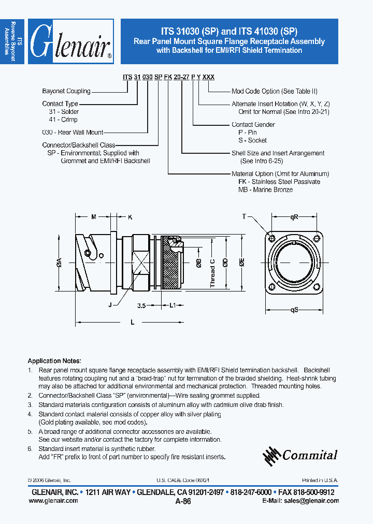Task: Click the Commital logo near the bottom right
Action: (300, 455)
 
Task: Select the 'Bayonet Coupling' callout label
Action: (66, 91)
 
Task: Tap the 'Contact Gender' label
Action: (253, 125)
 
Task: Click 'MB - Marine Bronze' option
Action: (265, 190)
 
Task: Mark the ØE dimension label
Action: (242, 263)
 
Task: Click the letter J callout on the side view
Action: (110, 305)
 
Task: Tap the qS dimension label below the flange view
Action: (294, 311)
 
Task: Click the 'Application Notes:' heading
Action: (54, 361)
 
